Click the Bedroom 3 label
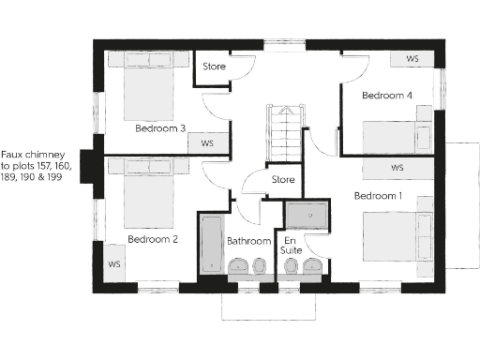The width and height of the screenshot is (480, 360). tap(159, 127)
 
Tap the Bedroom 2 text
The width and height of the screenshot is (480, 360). tap(153, 239)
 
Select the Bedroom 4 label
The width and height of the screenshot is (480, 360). tap(387, 96)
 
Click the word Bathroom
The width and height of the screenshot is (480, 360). tap(248, 241)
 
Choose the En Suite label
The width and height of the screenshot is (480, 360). tap(292, 246)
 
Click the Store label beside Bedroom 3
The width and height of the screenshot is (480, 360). tap(216, 67)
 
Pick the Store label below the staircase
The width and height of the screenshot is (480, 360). tap(282, 179)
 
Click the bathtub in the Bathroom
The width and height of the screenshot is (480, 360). tap(209, 246)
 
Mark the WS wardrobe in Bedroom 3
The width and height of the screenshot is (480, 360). tap(206, 143)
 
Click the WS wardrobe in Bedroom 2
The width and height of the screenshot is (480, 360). tap(114, 263)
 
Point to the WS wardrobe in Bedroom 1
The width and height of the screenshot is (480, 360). tap(397, 168)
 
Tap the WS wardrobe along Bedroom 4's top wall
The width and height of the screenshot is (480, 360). tap(412, 58)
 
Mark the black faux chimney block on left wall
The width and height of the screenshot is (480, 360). tap(90, 165)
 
